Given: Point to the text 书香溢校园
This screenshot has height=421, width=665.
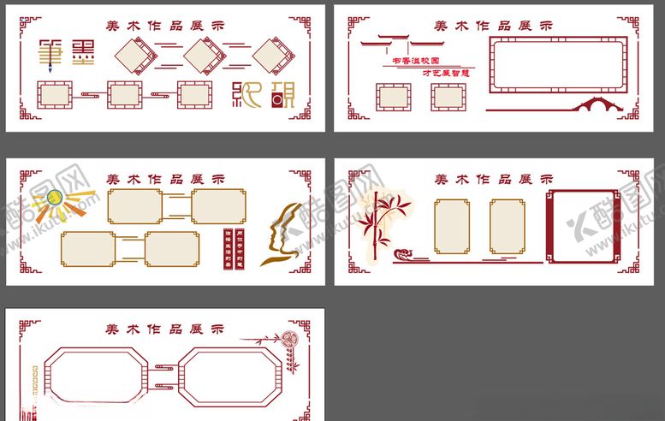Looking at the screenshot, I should click(x=414, y=62).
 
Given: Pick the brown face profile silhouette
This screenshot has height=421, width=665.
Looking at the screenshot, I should click(x=282, y=232).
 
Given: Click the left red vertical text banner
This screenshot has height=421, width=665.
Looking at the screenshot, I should click(x=228, y=248).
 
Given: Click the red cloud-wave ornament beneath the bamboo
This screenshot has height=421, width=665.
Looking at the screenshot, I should click(x=406, y=254).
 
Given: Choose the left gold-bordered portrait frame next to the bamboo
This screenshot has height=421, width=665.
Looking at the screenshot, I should click(x=452, y=227).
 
